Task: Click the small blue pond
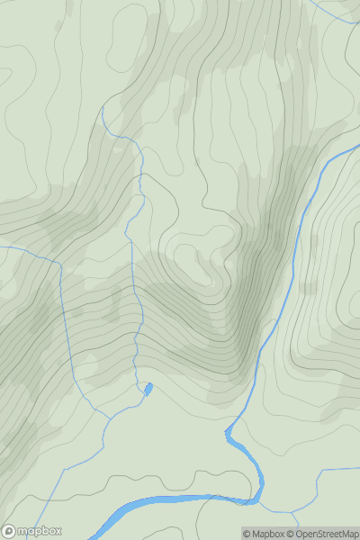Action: pos(148,389)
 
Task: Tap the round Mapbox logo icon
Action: pos(9,531)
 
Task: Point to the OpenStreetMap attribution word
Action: pos(327,534)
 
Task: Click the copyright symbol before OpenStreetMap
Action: pos(291,534)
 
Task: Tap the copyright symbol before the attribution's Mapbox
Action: pos(247,534)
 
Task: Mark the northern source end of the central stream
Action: pos(103,107)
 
